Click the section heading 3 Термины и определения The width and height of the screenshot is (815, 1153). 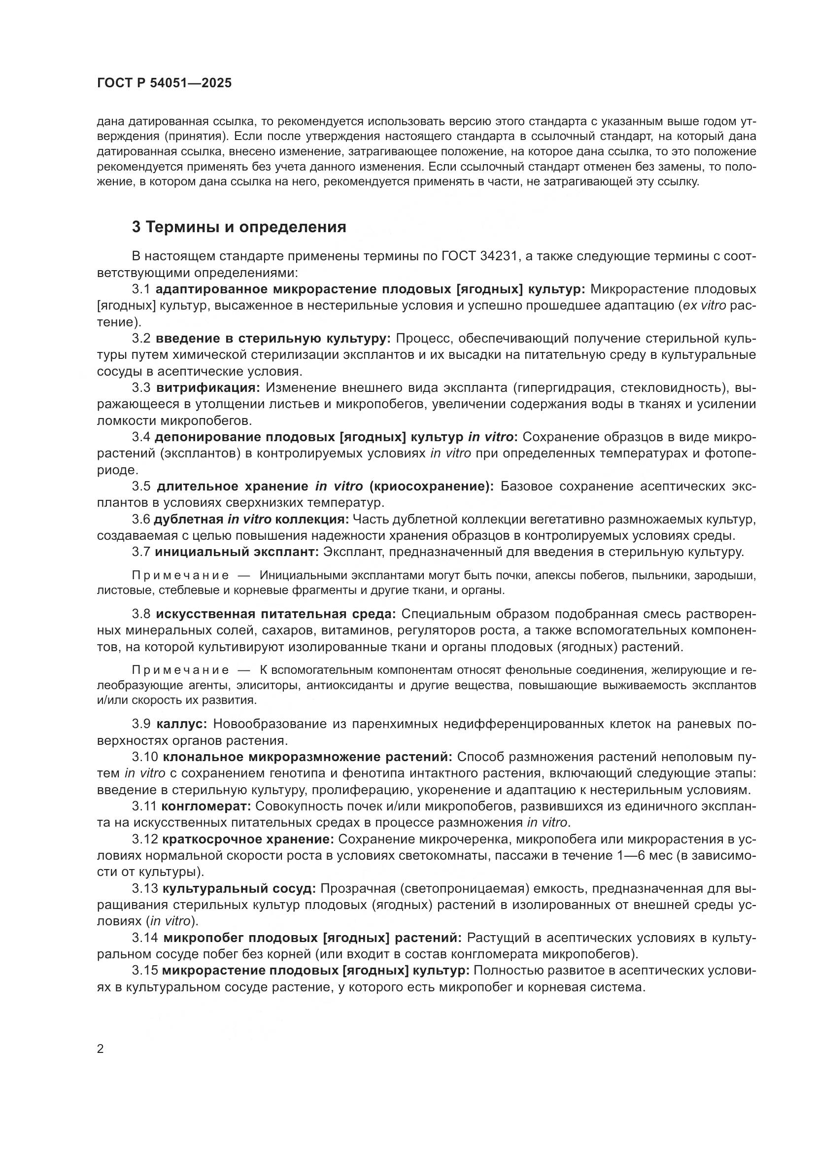point(239,227)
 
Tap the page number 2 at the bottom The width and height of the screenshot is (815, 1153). point(101,1048)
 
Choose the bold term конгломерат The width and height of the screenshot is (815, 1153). point(206,806)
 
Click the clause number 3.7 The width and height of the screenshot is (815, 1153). point(141,552)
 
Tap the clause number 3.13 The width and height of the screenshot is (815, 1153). point(144,888)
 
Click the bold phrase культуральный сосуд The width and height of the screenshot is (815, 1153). point(239,888)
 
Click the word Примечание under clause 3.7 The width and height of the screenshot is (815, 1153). point(181,575)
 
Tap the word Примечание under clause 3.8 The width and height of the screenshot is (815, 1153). point(181,670)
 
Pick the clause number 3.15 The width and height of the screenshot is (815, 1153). point(144,971)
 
